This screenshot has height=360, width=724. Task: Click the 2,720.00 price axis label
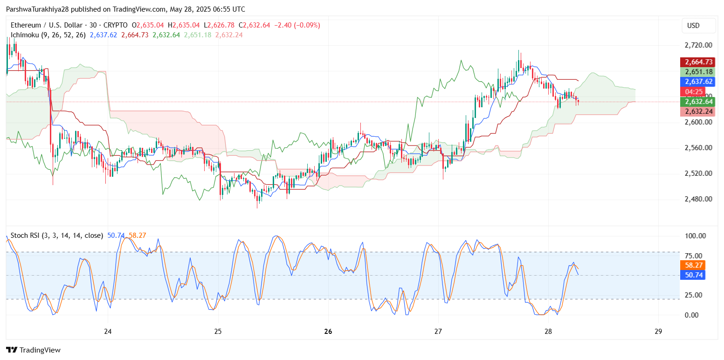pos(698,45)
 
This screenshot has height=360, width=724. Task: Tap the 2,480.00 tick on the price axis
pos(698,199)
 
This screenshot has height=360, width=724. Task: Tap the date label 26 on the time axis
pos(328,332)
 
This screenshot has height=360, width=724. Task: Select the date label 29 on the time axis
pos(658,332)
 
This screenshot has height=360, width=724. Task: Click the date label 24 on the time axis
pos(108,332)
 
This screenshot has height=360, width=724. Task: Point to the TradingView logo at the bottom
pos(33,350)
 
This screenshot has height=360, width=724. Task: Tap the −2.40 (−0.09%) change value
pos(296,25)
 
